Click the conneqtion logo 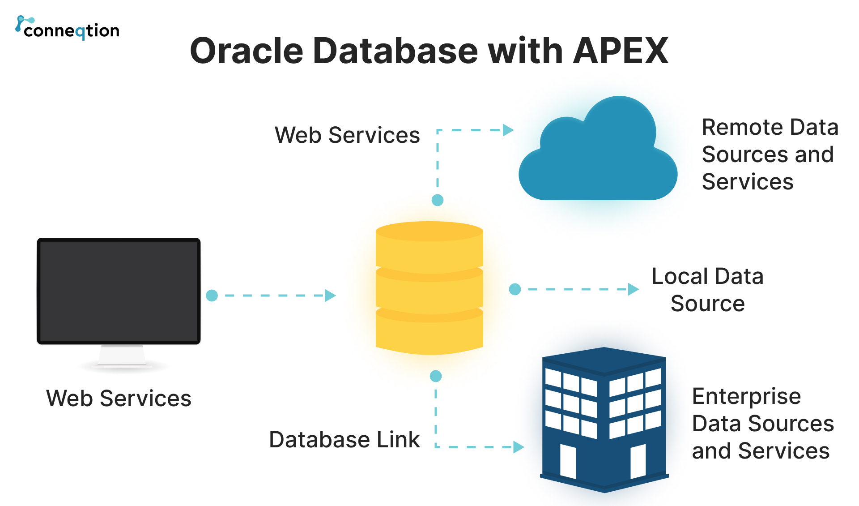coord(68,29)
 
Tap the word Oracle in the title coord(247,51)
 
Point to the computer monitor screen coord(119,291)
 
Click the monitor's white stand coord(122,356)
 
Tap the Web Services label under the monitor coord(119,398)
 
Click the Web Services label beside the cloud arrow coord(347,135)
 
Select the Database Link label coord(344,439)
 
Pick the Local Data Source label coord(707,290)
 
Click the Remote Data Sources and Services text coord(770,154)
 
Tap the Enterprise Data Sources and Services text coord(762,423)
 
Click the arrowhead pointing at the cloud coord(508,130)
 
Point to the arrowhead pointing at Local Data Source coord(633,289)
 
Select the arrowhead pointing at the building coord(519,447)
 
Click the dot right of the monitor coord(212,296)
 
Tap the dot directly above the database coord(438,200)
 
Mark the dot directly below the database coord(436,376)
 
